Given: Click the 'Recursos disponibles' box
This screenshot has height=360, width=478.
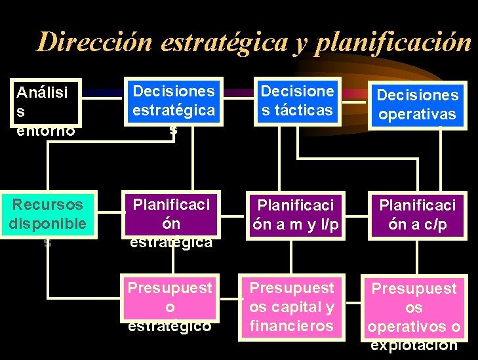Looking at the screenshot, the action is coord(47,214).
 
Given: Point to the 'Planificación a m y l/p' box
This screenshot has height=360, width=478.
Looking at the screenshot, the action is coord(296,214).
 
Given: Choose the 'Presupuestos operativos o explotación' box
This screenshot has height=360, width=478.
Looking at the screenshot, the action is coord(414,308).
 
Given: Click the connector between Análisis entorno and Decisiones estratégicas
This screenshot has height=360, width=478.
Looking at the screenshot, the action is coord(102,95).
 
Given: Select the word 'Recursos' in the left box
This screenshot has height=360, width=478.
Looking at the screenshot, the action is coord(47,205).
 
